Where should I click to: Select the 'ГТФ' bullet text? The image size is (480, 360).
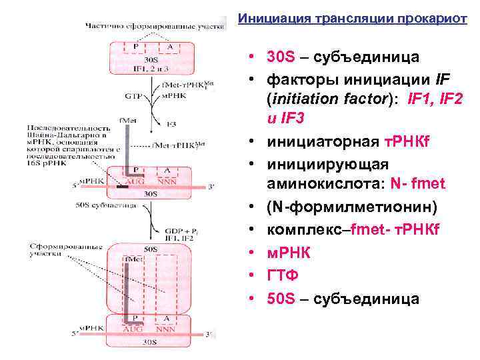click(282, 275)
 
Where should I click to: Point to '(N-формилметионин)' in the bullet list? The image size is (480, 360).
click(352, 208)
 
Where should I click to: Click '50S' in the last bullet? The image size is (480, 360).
click(280, 298)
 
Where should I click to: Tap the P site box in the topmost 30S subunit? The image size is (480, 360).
click(136, 47)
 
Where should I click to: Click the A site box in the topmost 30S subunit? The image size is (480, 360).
click(170, 47)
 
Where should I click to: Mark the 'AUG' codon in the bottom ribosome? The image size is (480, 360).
click(135, 329)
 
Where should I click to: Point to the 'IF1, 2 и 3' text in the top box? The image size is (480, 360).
click(153, 68)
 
